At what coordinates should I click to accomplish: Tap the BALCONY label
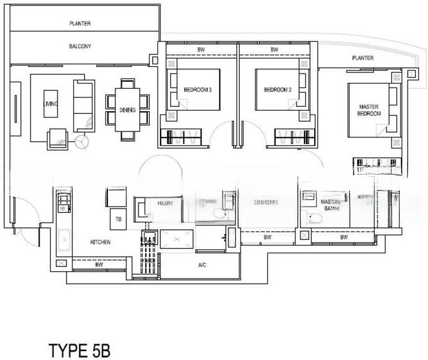click(x=80, y=46)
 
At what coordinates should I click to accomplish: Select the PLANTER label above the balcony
click(x=80, y=23)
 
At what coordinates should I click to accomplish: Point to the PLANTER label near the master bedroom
click(x=363, y=58)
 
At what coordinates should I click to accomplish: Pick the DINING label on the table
click(x=127, y=110)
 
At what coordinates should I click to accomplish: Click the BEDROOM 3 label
click(x=198, y=91)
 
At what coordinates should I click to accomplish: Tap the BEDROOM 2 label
click(x=278, y=91)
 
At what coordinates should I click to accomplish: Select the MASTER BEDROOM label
click(x=369, y=109)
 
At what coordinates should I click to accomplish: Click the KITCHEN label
click(x=100, y=242)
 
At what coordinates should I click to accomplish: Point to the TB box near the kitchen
click(x=117, y=220)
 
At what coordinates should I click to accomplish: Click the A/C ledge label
click(x=203, y=265)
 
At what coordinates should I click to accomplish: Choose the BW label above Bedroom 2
click(x=274, y=50)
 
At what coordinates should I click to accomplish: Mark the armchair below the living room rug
click(x=58, y=137)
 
